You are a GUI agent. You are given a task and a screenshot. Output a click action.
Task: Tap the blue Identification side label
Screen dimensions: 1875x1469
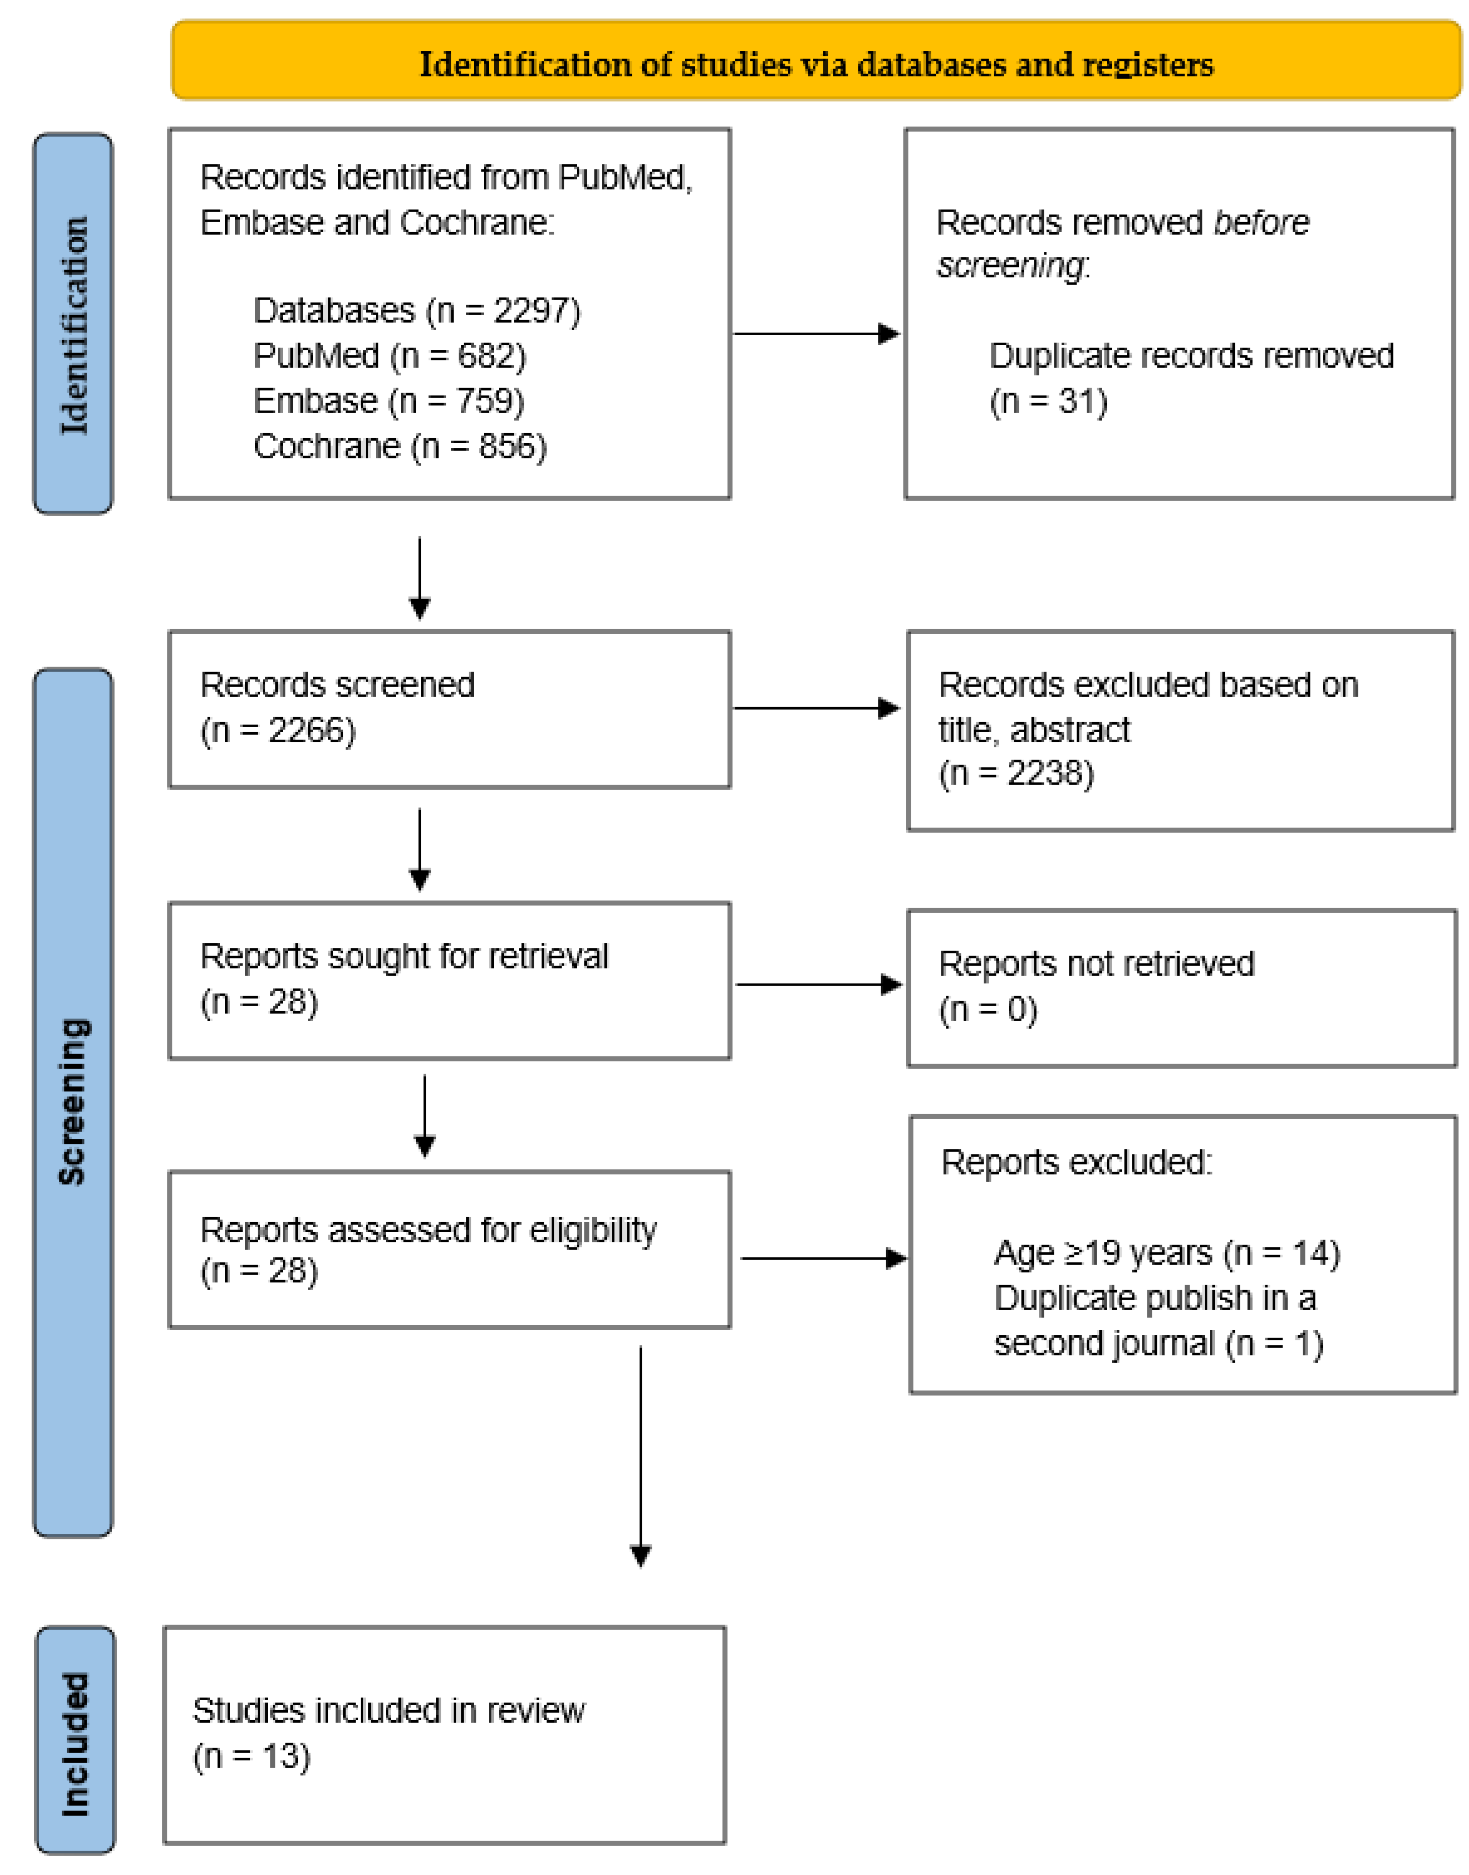point(73,324)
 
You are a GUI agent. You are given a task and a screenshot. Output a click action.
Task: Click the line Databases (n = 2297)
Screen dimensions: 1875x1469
point(416,311)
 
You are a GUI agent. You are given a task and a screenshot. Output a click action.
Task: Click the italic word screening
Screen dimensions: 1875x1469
point(1011,266)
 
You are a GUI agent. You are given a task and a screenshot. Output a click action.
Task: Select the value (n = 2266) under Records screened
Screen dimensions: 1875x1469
point(278,730)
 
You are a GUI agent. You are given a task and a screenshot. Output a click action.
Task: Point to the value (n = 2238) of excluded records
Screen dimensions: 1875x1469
point(1016,773)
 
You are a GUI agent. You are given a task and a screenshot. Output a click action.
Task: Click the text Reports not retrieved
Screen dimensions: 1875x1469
point(1096,963)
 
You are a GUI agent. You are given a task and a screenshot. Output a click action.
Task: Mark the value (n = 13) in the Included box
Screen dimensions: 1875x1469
point(251,1756)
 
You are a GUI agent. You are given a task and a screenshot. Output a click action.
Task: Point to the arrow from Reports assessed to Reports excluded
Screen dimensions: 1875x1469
point(822,1258)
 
